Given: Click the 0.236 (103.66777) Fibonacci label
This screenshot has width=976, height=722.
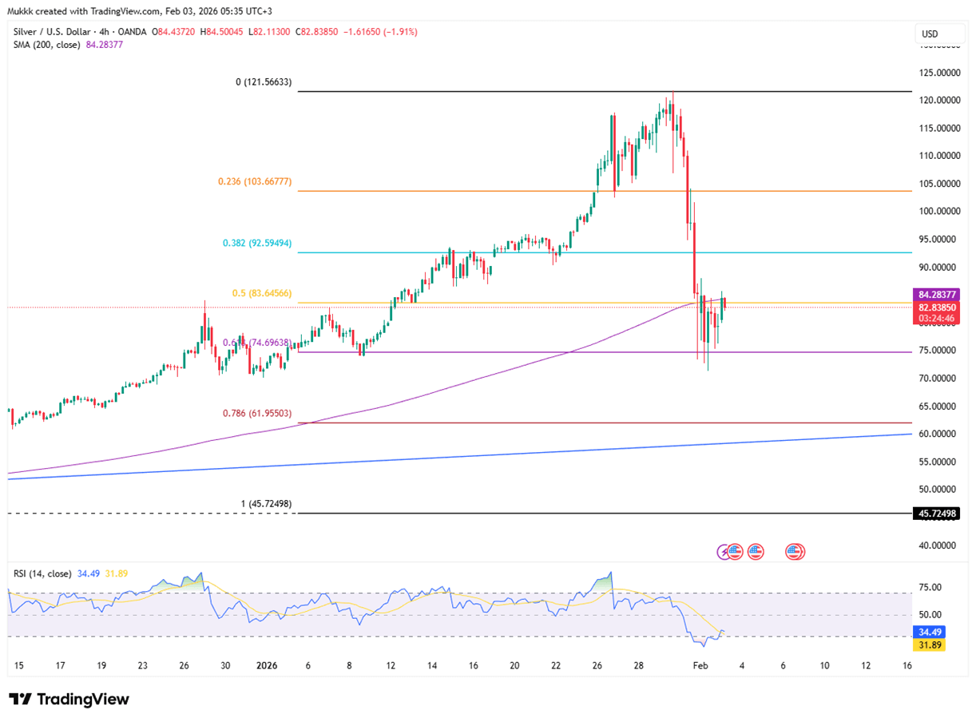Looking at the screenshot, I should [255, 182].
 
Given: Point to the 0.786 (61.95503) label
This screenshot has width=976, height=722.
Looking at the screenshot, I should [256, 414].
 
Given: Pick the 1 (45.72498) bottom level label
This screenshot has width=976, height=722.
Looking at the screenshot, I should [266, 504].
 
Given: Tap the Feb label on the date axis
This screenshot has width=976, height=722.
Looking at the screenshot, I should [700, 665].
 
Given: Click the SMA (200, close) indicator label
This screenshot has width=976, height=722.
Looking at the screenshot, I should [47, 45].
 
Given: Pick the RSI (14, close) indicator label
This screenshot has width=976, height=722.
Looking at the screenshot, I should [42, 573].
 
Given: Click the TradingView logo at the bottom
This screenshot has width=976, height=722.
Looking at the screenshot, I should [69, 700].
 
